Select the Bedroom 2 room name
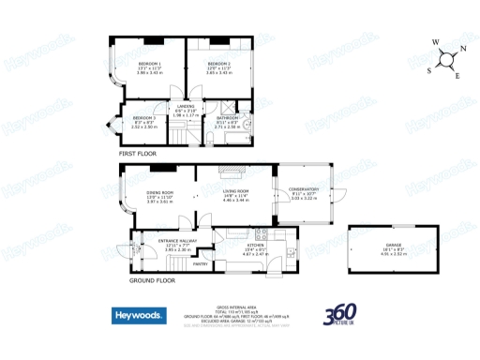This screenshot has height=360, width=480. click(x=218, y=63)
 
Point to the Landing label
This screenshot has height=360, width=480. click(x=187, y=106)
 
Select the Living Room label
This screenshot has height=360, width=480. click(x=235, y=191)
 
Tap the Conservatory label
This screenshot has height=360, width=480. click(x=305, y=188)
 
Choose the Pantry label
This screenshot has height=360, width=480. click(x=200, y=263)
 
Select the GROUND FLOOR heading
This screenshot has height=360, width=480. click(x=152, y=280)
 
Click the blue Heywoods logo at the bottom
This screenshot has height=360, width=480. click(x=141, y=315)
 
